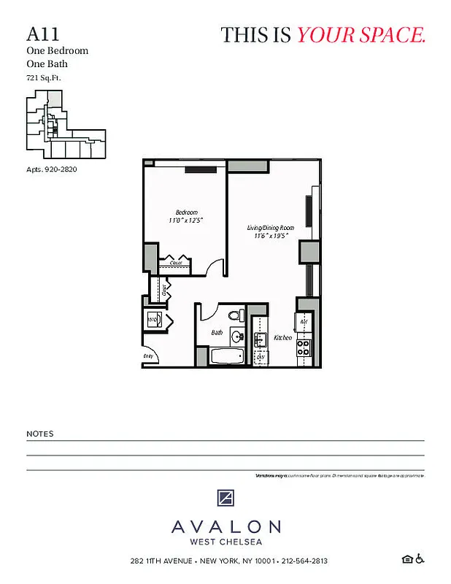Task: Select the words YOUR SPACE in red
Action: (361, 34)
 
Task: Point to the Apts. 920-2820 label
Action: (51, 169)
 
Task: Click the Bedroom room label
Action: (186, 212)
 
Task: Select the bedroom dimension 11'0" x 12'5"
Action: (185, 220)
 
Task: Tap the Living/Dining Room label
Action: (271, 228)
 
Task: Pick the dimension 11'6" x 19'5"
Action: (271, 237)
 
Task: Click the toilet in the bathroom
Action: (235, 316)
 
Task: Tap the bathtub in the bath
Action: (227, 357)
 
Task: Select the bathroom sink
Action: (237, 337)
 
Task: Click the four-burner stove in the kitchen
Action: (304, 347)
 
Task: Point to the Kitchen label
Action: (282, 338)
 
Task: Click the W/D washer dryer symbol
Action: (153, 320)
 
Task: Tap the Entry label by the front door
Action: (149, 357)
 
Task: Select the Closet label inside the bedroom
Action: (176, 263)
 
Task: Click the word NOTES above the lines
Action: (40, 434)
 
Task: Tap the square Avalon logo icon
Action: (225, 499)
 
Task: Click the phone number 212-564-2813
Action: (304, 561)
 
